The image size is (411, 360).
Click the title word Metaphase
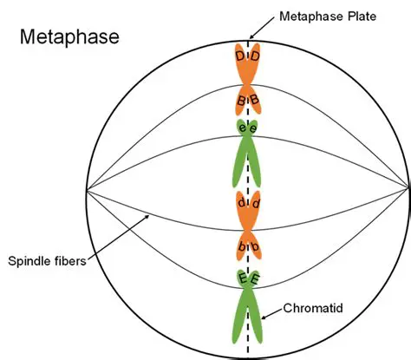point(68,37)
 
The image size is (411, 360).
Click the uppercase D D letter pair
point(248,56)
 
